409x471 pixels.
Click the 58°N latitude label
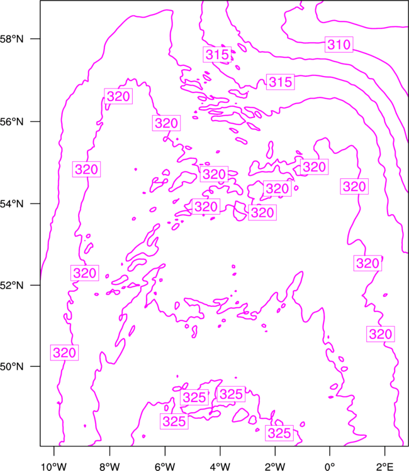coord(11,39)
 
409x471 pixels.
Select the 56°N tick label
coord(11,122)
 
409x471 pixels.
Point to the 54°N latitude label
coord(11,204)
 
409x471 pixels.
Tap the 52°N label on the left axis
coord(11,285)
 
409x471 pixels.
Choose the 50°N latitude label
coord(11,367)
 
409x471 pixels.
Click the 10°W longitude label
coord(54,467)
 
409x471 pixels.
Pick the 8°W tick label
coord(109,467)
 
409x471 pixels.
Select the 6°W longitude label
coord(165,467)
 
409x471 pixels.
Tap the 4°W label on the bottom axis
coord(220,467)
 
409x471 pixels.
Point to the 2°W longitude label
coord(275,467)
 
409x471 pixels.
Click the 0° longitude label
coord(330,467)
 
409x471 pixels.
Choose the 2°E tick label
coord(384,467)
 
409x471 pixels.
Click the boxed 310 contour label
coord(339,45)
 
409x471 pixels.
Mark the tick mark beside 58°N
coord(35,39)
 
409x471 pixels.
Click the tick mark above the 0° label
coord(330,451)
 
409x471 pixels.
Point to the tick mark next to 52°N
coord(35,285)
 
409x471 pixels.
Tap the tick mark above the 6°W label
coord(165,451)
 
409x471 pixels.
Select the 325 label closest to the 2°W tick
coord(279,433)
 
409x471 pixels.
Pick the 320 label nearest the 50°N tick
coord(64,352)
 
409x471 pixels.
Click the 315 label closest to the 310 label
coord(281,82)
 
